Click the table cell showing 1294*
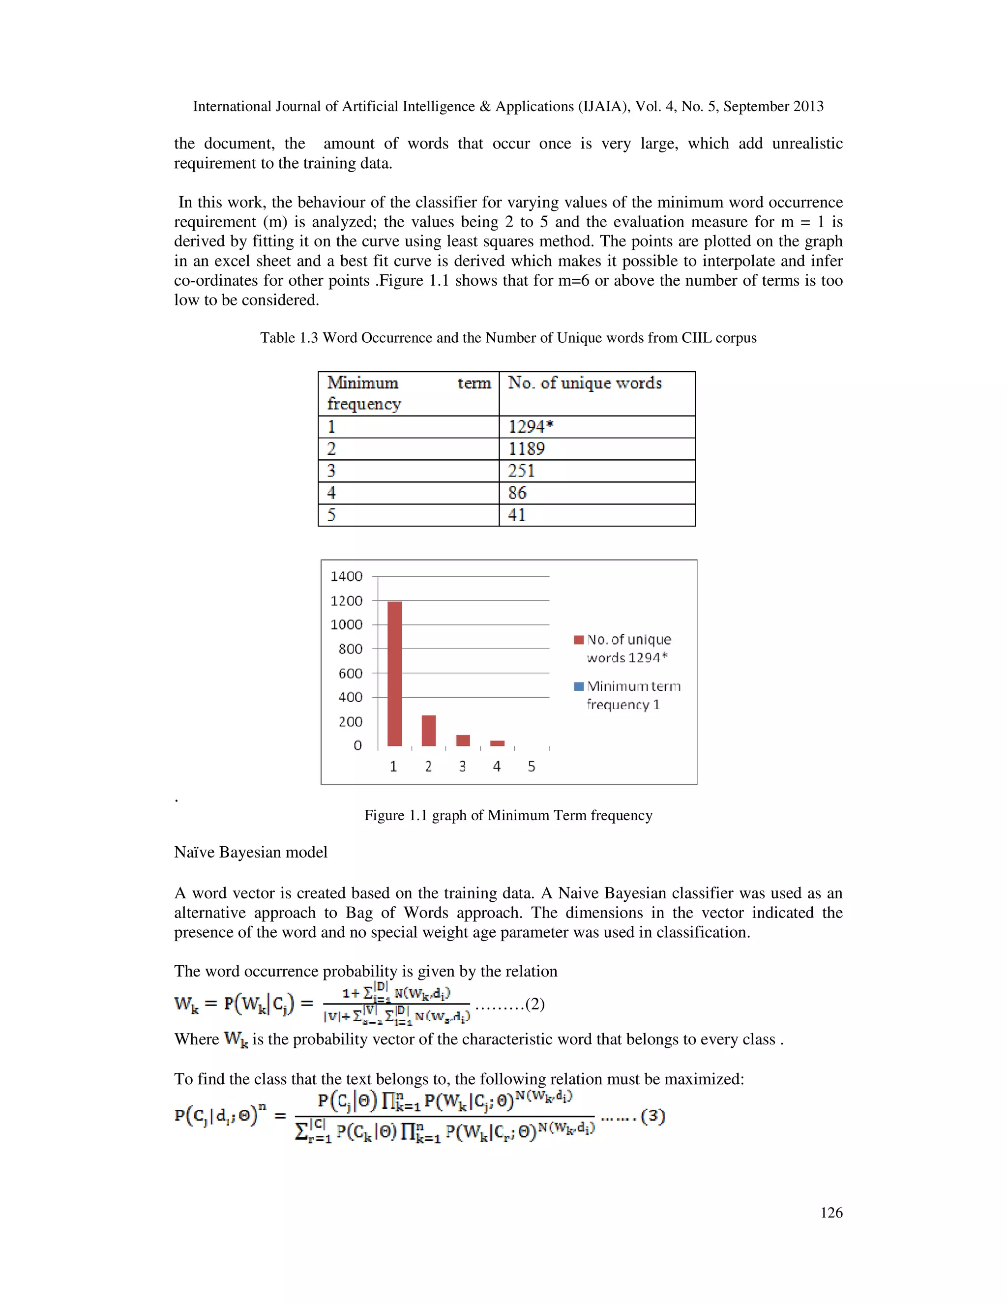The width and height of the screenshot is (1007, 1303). [x=596, y=427]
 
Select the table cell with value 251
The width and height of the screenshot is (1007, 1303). [x=596, y=471]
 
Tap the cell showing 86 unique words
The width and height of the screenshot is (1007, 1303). [x=596, y=493]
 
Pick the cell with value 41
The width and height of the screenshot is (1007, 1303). [x=596, y=515]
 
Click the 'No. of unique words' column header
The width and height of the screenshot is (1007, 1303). [x=596, y=393]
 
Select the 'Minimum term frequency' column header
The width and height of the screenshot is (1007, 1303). [x=408, y=393]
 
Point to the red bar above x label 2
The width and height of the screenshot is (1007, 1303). [x=428, y=730]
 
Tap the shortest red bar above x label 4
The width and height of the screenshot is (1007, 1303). [x=497, y=743]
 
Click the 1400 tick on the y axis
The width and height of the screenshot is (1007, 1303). [x=346, y=576]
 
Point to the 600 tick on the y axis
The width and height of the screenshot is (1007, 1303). [x=350, y=673]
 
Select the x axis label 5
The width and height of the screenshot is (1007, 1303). [x=532, y=767]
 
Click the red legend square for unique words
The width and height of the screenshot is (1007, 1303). [x=578, y=640]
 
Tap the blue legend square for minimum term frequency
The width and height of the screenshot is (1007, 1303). [x=578, y=686]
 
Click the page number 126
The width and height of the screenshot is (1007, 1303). [x=831, y=1213]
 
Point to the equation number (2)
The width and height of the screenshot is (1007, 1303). [x=534, y=1004]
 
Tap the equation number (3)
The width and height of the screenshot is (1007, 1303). [x=652, y=1116]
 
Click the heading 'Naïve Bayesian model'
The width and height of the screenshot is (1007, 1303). [x=251, y=852]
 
